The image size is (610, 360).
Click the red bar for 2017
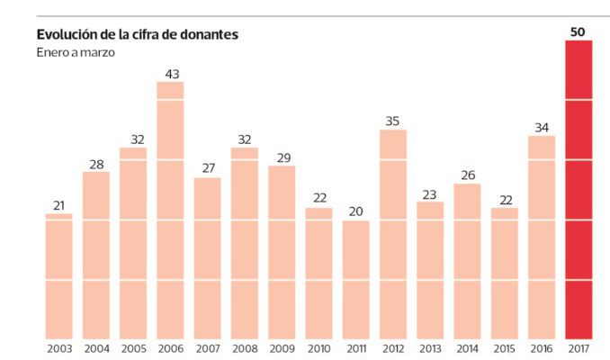tap(579, 189)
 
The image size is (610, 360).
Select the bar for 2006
tap(171, 211)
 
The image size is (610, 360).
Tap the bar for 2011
tap(356, 279)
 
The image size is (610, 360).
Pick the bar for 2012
tap(393, 234)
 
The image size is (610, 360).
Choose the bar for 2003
tap(59, 276)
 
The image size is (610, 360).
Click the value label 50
tap(579, 32)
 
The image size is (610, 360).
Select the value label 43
tap(171, 74)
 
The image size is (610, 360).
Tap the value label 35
tap(393, 121)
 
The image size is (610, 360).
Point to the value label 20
tap(356, 211)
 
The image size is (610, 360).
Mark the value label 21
tap(59, 205)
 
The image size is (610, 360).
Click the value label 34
tap(542, 128)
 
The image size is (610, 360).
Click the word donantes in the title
tap(208, 35)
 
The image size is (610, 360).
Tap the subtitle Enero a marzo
tap(76, 52)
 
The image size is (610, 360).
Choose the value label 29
tap(282, 157)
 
